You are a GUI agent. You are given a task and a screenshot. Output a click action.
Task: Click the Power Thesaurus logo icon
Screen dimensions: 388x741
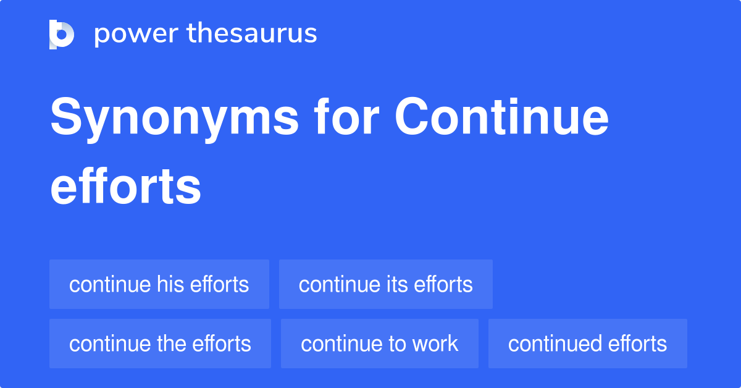62,35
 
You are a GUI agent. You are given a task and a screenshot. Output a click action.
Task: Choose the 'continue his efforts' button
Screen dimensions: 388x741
159,284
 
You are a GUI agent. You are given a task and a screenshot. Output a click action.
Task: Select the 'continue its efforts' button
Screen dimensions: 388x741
386,284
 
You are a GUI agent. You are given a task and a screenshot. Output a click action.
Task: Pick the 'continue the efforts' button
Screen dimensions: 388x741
160,344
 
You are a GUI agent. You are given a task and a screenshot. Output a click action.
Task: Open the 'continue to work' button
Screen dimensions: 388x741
380,344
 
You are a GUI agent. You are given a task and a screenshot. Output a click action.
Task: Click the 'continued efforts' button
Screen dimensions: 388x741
587,344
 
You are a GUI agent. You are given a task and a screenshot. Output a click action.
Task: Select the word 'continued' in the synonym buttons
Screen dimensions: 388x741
548,344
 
